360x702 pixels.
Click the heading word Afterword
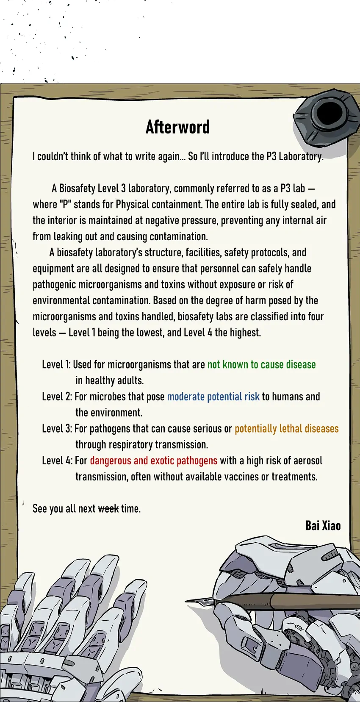[x=177, y=127]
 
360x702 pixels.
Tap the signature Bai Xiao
[x=323, y=526]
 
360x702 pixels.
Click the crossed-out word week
[x=108, y=508]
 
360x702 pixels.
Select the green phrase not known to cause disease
[x=261, y=365]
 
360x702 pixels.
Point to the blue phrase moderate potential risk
[x=213, y=397]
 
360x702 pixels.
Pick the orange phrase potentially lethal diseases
[x=286, y=429]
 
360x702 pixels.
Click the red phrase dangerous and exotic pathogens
[x=153, y=461]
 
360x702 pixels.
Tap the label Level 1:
[x=56, y=365]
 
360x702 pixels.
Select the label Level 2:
[x=57, y=397]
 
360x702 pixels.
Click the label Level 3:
[x=57, y=429]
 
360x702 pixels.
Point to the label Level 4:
[x=57, y=461]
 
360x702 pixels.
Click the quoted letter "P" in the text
[x=65, y=205]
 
